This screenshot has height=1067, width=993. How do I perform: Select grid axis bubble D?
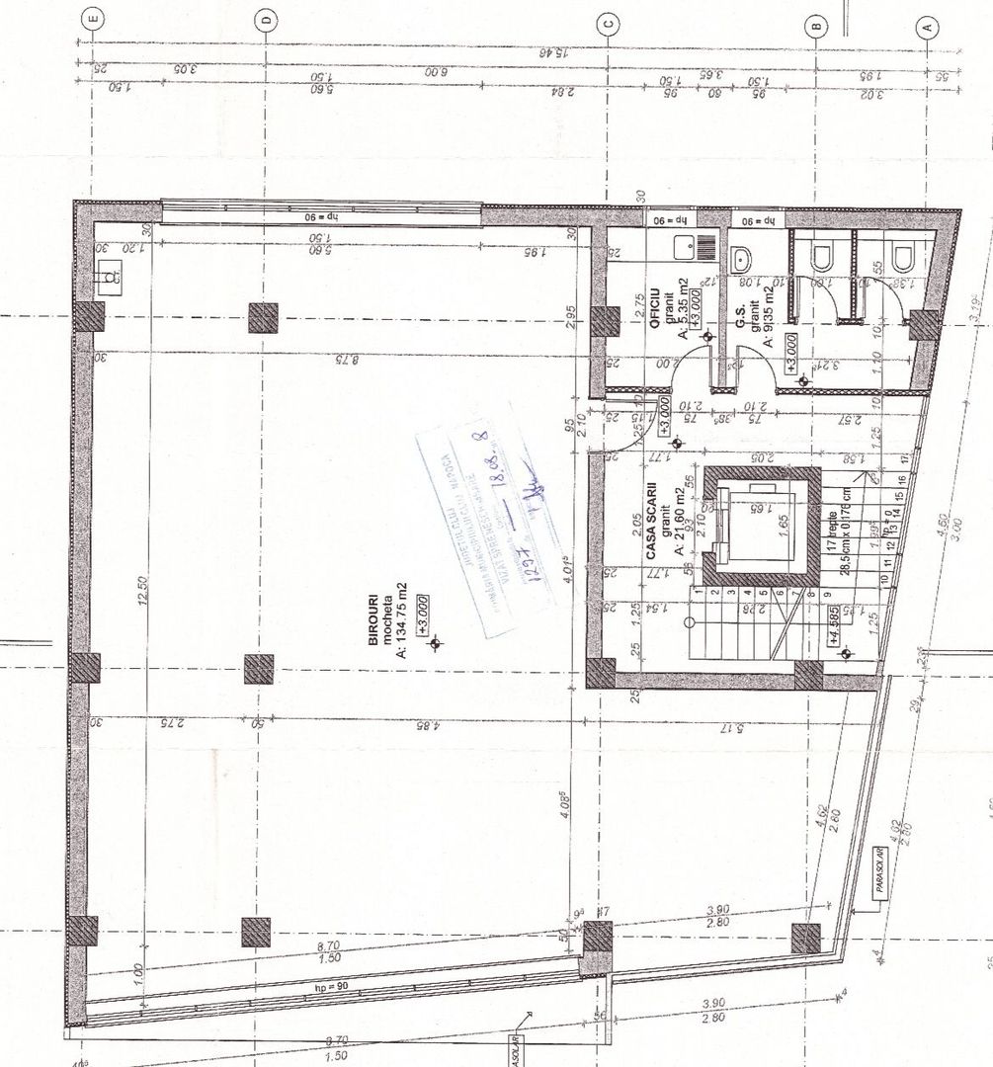[265, 20]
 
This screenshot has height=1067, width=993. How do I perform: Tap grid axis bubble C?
[609, 24]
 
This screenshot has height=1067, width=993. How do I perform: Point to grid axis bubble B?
[816, 27]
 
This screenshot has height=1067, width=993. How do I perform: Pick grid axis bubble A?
[928, 27]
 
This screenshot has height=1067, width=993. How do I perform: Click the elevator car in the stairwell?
[760, 527]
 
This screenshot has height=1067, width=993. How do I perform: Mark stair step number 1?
[696, 593]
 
